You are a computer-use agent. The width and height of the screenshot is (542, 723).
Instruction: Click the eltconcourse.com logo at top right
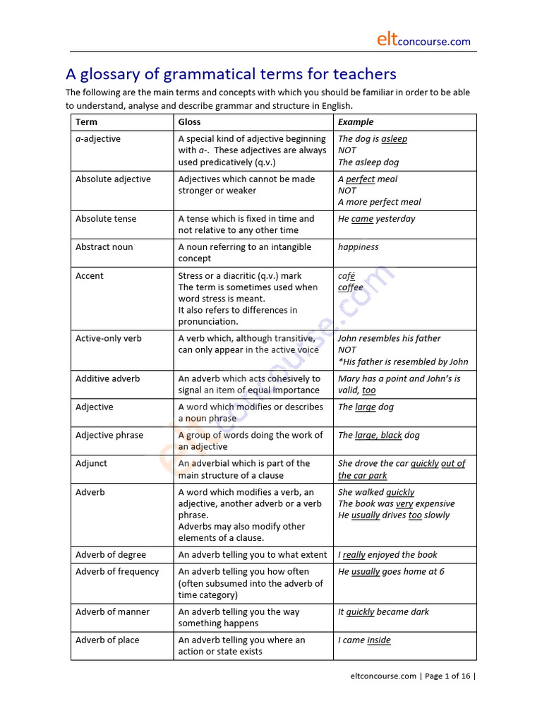423,41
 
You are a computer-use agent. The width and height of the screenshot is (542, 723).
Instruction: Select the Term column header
86,122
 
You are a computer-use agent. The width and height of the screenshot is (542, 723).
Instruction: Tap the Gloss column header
189,122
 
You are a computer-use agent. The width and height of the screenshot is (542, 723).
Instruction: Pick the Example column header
356,122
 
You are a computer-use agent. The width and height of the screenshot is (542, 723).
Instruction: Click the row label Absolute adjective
113,179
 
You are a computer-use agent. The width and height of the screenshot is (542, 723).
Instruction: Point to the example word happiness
358,247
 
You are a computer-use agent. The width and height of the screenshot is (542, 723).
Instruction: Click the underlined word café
347,276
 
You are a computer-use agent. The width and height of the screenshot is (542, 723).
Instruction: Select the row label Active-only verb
109,339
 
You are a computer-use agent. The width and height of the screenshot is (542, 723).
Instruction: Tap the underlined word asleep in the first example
394,139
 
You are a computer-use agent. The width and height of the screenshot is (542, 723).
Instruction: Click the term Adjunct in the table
92,464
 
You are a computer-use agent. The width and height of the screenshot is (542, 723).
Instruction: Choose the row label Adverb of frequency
117,572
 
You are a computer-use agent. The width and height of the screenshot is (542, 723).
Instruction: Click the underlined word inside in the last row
378,640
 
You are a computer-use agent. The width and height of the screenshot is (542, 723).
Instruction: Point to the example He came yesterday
376,219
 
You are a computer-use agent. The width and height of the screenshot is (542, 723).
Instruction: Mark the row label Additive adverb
108,379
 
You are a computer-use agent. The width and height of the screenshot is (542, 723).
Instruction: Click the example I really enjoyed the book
387,555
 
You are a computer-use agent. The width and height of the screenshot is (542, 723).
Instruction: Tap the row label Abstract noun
104,247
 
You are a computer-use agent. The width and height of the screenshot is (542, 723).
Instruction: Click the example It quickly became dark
383,612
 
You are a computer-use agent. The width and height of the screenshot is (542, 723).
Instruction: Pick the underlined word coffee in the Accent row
350,287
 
